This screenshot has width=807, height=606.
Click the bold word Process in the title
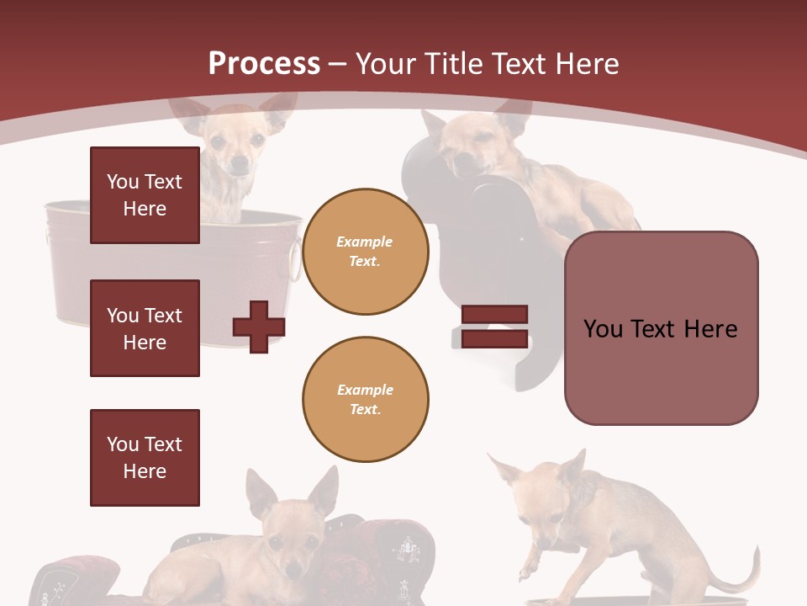point(264,64)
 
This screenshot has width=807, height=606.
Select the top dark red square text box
point(145,195)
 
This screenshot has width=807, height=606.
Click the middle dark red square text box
point(145,328)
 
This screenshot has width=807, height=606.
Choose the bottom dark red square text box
point(145,458)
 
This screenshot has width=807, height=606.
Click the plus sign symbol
point(258,327)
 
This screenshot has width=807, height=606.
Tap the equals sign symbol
point(494,327)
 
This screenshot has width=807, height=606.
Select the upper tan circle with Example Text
point(365,252)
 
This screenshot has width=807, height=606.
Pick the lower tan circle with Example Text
point(365,400)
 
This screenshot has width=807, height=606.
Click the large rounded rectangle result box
point(661,328)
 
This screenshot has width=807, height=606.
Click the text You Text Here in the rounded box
point(661,328)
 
